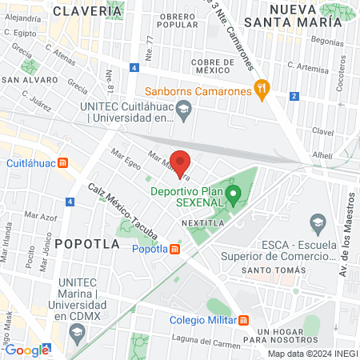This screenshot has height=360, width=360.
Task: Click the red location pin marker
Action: (x=180, y=162)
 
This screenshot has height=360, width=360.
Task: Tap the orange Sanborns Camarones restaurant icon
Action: (x=260, y=89)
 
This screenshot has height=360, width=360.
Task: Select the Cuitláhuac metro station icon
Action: (x=63, y=162)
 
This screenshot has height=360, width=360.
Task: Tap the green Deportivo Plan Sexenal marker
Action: (x=234, y=194)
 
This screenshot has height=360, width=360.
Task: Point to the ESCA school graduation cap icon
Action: (x=318, y=222)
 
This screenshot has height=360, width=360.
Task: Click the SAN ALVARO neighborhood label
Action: (x=30, y=80)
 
